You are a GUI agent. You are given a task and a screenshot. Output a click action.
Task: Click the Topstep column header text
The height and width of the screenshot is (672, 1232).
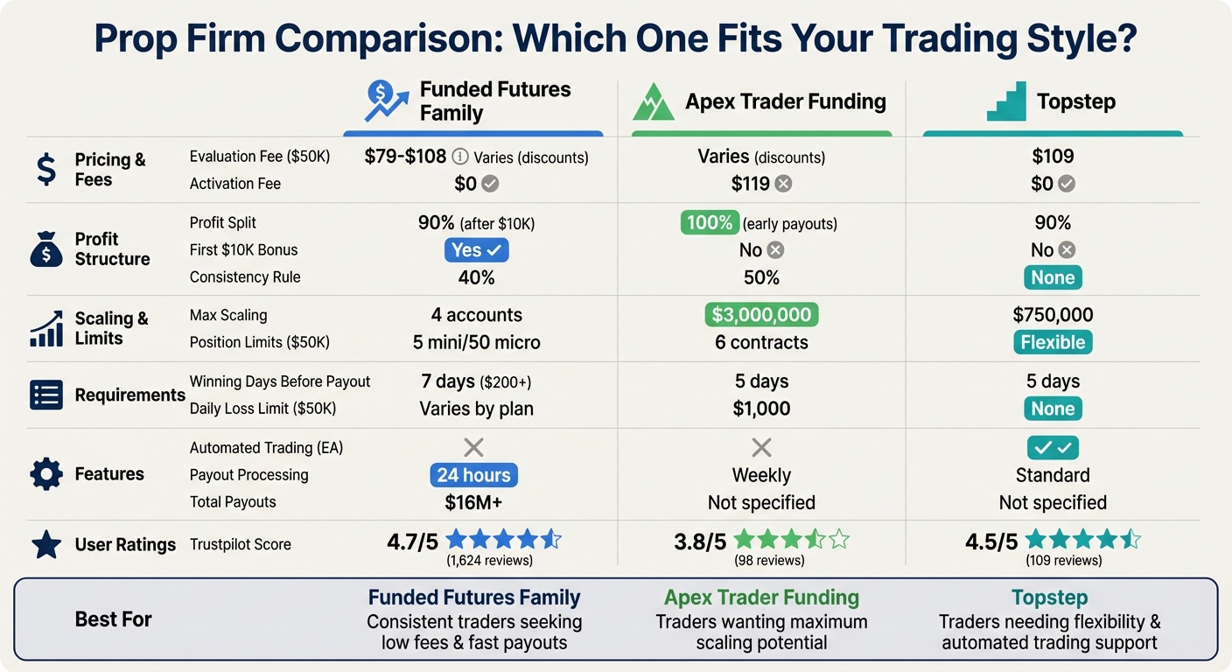pyautogui.click(x=1075, y=101)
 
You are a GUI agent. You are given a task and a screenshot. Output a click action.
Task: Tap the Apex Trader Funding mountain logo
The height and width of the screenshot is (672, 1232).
pyautogui.click(x=654, y=102)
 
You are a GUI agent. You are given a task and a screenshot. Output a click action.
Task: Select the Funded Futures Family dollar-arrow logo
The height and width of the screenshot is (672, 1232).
pyautogui.click(x=386, y=101)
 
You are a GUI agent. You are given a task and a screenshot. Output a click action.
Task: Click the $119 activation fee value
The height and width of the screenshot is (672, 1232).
pyautogui.click(x=751, y=184)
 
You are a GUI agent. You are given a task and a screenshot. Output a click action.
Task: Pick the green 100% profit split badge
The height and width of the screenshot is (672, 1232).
pyautogui.click(x=710, y=223)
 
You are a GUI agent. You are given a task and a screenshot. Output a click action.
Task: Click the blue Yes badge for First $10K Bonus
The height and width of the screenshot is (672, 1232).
pyautogui.click(x=476, y=250)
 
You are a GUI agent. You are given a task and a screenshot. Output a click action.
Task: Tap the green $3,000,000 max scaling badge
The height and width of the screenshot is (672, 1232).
pyautogui.click(x=761, y=315)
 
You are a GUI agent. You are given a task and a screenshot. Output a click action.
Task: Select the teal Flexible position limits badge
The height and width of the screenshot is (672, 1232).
pyautogui.click(x=1053, y=342)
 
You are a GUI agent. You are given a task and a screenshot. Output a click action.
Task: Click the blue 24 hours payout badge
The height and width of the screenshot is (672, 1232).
pyautogui.click(x=473, y=475)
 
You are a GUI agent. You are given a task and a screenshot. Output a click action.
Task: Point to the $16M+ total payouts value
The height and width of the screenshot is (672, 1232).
pyautogui.click(x=473, y=502)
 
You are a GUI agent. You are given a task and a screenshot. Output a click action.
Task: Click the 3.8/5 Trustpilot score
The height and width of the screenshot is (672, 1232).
pyautogui.click(x=700, y=542)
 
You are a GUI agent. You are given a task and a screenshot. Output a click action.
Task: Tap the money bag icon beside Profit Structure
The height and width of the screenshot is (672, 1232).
pyautogui.click(x=45, y=249)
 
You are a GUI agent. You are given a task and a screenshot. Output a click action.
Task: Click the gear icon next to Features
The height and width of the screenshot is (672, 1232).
pyautogui.click(x=45, y=474)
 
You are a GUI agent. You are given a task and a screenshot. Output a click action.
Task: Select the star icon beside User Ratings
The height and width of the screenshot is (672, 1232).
pyautogui.click(x=45, y=544)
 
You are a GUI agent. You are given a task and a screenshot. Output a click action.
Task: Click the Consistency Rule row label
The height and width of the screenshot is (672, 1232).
pyautogui.click(x=245, y=277)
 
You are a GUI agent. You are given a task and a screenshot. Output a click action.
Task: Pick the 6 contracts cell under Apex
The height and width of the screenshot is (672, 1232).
pyautogui.click(x=761, y=342)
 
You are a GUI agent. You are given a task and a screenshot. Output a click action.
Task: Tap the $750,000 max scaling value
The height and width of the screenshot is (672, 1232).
pyautogui.click(x=1053, y=315)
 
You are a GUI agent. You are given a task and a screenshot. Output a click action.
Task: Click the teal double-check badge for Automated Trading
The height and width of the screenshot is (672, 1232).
pyautogui.click(x=1053, y=448)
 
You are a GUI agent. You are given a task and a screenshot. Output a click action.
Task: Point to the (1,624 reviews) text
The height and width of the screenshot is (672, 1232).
pyautogui.click(x=489, y=561)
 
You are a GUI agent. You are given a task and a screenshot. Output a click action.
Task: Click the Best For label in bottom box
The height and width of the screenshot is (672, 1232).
pyautogui.click(x=113, y=619)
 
